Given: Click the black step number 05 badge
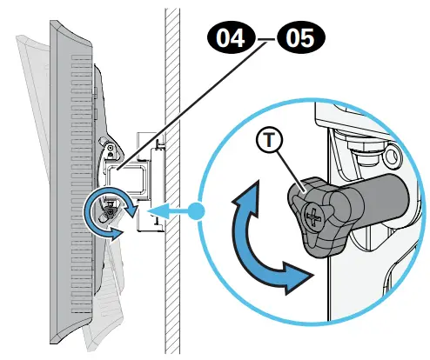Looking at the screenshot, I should pos(295,38).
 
